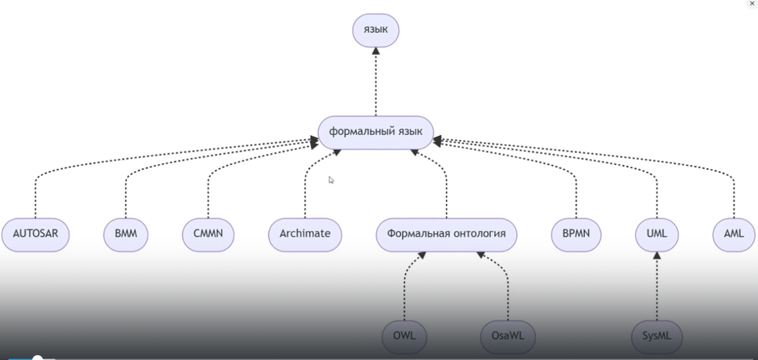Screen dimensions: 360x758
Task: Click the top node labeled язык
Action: (x=376, y=30)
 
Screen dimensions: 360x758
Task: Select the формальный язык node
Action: (x=376, y=132)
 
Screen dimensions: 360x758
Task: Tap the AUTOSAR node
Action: (x=35, y=234)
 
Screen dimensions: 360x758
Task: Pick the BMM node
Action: (x=126, y=234)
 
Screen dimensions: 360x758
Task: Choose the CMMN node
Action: (x=208, y=234)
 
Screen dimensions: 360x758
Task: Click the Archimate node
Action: (x=304, y=234)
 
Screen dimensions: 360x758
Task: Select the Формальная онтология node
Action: (x=446, y=234)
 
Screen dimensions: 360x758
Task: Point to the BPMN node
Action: (x=575, y=234)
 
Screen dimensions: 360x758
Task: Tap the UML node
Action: (x=656, y=234)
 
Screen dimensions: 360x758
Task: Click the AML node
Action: (x=734, y=234)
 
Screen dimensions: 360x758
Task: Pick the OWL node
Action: (x=404, y=335)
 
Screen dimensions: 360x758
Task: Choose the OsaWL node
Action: (x=507, y=335)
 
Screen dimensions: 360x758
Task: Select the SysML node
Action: (x=657, y=335)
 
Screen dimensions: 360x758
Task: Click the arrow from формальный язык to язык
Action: (x=376, y=82)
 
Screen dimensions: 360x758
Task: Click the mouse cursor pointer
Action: (x=331, y=180)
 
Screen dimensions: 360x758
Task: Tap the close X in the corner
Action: (x=751, y=4)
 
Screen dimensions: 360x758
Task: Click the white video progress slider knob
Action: (x=37, y=358)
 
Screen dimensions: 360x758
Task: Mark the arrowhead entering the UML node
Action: (x=657, y=255)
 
